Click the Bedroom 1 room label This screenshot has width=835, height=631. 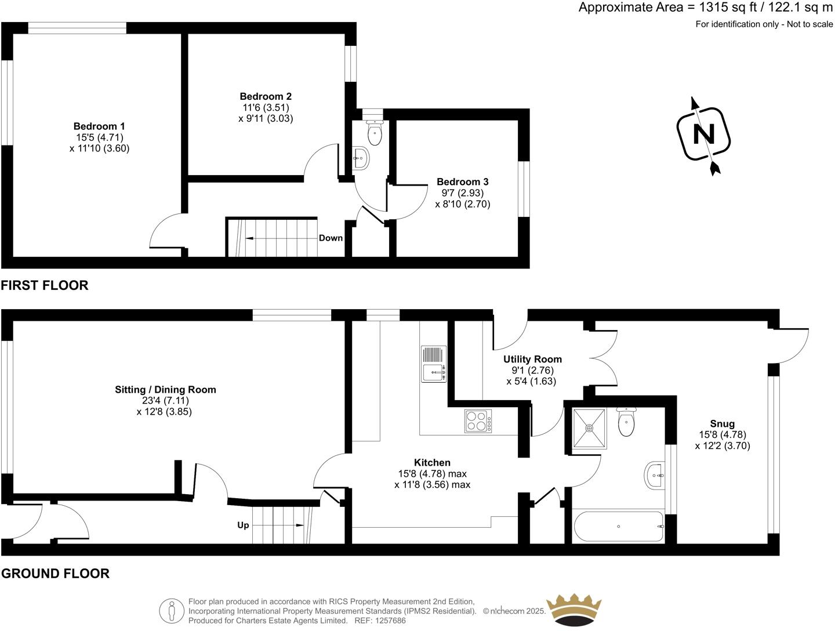(x=99, y=126)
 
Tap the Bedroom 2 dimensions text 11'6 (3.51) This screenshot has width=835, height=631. (x=265, y=107)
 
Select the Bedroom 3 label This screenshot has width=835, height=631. (x=462, y=182)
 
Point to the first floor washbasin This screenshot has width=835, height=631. (x=361, y=158)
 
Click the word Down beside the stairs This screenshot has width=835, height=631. (x=331, y=238)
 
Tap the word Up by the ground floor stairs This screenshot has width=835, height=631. (x=243, y=525)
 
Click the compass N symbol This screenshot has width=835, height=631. (x=704, y=135)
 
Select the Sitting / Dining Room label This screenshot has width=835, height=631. (x=165, y=389)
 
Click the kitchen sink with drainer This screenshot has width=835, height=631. (x=434, y=364)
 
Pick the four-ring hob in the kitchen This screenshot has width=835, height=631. (x=478, y=421)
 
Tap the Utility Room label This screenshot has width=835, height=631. (x=532, y=359)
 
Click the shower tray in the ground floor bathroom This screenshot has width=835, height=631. (x=589, y=428)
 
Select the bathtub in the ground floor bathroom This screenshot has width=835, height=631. (x=619, y=527)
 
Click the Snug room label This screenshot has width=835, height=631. (x=722, y=423)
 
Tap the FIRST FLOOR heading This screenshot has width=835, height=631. (x=45, y=285)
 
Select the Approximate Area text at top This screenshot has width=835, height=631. (x=705, y=8)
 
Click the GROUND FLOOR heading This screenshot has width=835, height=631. (x=55, y=574)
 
